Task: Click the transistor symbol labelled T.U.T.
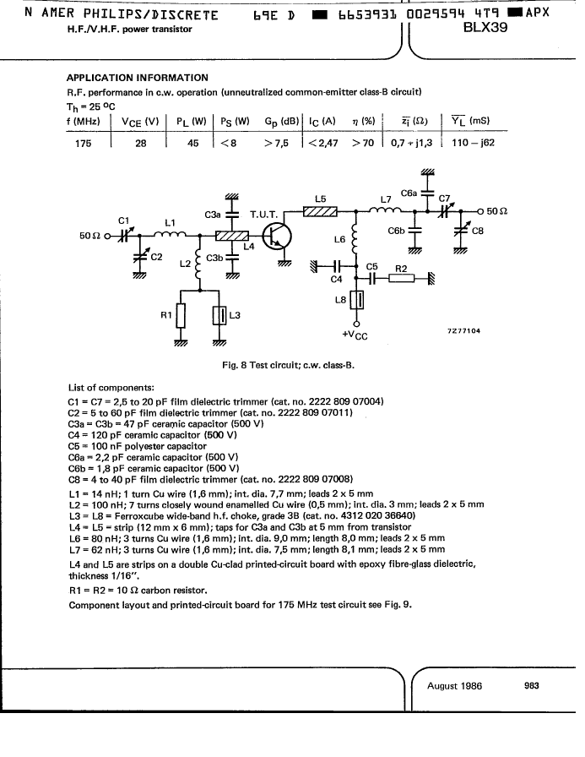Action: point(277,236)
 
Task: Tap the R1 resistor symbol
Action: point(181,316)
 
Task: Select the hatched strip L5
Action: point(320,211)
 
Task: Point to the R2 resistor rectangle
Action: point(401,278)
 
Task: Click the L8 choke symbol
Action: point(356,300)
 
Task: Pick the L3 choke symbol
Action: point(219,316)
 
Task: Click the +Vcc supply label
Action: point(355,335)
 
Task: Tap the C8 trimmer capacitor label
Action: point(478,231)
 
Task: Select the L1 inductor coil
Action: point(170,234)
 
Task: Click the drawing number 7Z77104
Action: point(463,330)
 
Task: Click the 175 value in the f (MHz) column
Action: point(83,144)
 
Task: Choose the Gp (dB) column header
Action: point(282,122)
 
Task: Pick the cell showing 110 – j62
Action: point(473,143)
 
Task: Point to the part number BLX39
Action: point(485,28)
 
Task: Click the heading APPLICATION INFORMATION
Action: point(138,78)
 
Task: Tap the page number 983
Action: point(532,685)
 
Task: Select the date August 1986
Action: point(454,686)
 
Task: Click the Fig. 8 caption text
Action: point(288,366)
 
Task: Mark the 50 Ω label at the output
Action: point(496,211)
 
